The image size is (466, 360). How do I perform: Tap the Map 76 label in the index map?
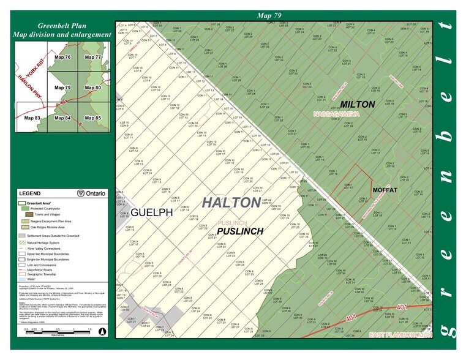63,57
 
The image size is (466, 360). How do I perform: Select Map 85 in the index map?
93,118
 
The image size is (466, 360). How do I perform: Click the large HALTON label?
230,202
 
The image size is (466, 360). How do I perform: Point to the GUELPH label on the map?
151,212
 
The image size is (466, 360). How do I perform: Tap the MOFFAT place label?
385,190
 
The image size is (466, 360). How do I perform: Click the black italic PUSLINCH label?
239,231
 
